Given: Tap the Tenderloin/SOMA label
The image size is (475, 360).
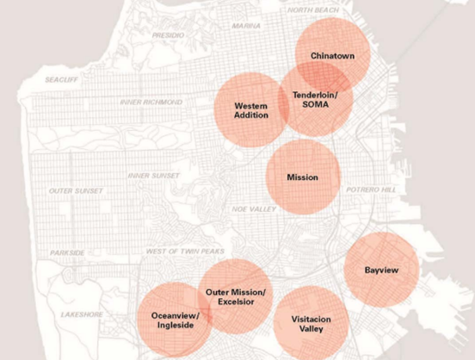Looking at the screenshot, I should (x=316, y=98).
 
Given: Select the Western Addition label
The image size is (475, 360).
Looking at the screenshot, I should (x=250, y=109).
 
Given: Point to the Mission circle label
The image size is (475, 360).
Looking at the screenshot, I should (x=302, y=177).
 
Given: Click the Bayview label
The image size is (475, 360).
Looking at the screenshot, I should (x=381, y=270).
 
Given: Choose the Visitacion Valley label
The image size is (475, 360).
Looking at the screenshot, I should (x=310, y=324).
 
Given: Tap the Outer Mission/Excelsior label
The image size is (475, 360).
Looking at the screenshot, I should (x=236, y=298).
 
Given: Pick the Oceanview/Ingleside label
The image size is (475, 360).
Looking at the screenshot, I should (x=175, y=320).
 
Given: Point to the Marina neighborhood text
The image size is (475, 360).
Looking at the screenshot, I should (x=246, y=26).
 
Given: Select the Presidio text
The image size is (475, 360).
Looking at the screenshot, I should (x=168, y=35).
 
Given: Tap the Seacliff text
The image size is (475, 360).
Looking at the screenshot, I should (x=63, y=80).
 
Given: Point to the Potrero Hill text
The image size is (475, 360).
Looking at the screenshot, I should (x=373, y=189).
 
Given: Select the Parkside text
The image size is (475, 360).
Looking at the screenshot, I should (x=67, y=253).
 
